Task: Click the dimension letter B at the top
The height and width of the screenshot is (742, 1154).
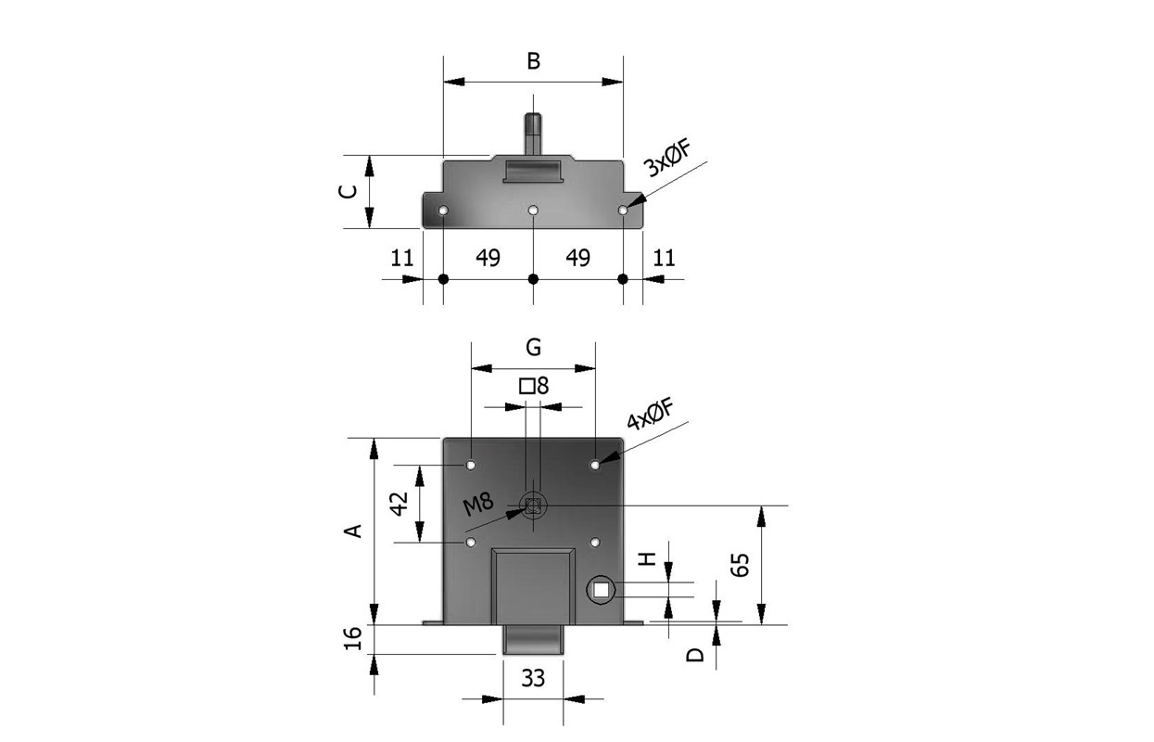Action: pos(533,62)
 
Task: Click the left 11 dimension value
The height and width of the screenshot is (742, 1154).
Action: pos(401,258)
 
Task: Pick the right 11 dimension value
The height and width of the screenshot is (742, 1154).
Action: pos(664,258)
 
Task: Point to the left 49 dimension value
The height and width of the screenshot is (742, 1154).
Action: pos(488,258)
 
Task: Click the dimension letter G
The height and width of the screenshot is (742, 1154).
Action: pos(533,348)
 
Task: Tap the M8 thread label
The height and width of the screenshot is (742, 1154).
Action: pos(478,505)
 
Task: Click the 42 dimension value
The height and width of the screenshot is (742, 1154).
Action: pos(399,504)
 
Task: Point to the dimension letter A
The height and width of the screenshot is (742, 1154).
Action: pos(352,531)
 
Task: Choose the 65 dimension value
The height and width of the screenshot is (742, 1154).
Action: pos(740,564)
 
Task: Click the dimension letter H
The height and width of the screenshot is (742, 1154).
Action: pos(648,558)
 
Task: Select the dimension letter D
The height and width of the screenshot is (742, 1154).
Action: pos(695,655)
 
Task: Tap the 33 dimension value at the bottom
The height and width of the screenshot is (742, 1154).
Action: pos(533,678)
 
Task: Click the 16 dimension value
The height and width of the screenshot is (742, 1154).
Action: pos(353,639)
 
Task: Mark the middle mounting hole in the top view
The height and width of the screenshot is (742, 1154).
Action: pos(533,211)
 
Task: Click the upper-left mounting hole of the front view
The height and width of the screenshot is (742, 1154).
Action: pos(471,464)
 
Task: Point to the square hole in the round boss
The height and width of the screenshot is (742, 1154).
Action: pos(602,589)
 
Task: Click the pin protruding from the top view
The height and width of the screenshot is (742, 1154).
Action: pos(533,131)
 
